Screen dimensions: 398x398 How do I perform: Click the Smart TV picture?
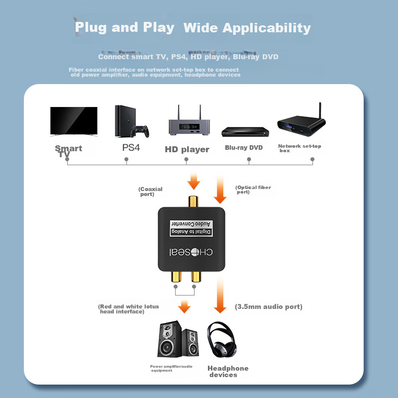coord(74,121)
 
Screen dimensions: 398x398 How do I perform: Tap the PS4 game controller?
coord(140,131)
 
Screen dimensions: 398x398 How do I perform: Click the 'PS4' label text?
coord(132,148)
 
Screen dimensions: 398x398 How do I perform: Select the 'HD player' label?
coord(187,149)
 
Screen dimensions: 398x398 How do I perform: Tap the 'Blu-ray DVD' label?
coord(243,148)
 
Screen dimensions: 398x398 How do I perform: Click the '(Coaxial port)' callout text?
coord(150,192)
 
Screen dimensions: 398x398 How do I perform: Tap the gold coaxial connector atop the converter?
coord(192,202)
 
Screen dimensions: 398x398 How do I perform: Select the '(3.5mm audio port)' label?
coord(268,306)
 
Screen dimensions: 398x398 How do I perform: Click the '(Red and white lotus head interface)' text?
coord(128,309)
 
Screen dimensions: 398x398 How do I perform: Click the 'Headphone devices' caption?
coord(227,371)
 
